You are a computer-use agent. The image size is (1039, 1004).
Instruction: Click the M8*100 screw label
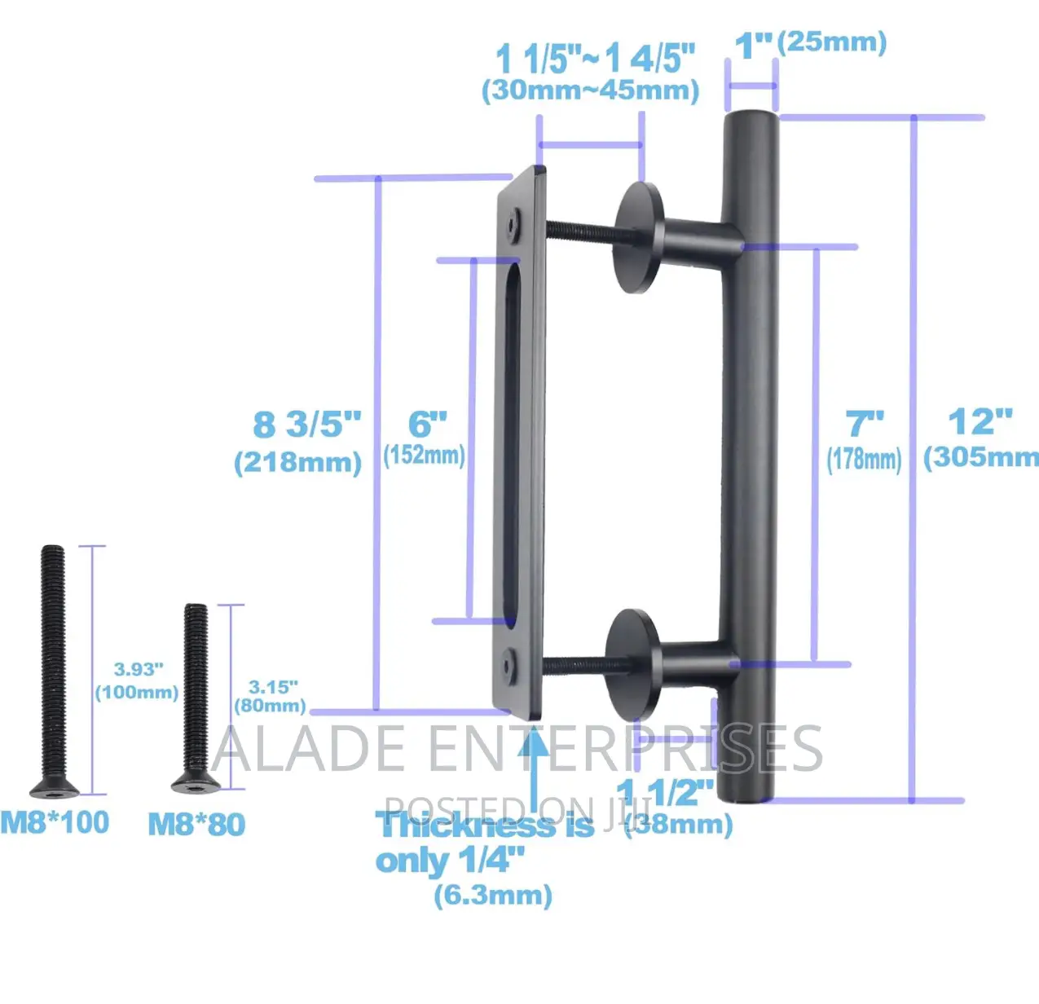pyautogui.click(x=55, y=822)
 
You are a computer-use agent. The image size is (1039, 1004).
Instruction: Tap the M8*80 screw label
pyautogui.click(x=196, y=824)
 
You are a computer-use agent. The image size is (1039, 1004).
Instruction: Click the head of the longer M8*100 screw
pyautogui.click(x=53, y=787)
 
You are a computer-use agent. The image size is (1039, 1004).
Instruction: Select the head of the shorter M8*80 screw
pyautogui.click(x=196, y=784)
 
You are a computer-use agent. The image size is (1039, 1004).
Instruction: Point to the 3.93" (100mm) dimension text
pyautogui.click(x=137, y=680)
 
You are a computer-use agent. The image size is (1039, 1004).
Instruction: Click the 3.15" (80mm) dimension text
pyautogui.click(x=271, y=697)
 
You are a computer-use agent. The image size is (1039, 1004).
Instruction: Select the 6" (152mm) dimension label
pyautogui.click(x=425, y=438)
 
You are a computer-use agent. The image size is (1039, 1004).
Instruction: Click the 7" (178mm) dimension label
pyautogui.click(x=864, y=441)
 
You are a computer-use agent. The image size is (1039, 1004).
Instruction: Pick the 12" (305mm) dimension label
pyautogui.click(x=980, y=438)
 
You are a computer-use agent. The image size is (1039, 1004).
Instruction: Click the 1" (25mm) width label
pyautogui.click(x=811, y=43)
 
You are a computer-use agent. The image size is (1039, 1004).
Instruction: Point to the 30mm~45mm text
pyautogui.click(x=591, y=90)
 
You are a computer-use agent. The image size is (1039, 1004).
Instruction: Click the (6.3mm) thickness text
pyautogui.click(x=493, y=895)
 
